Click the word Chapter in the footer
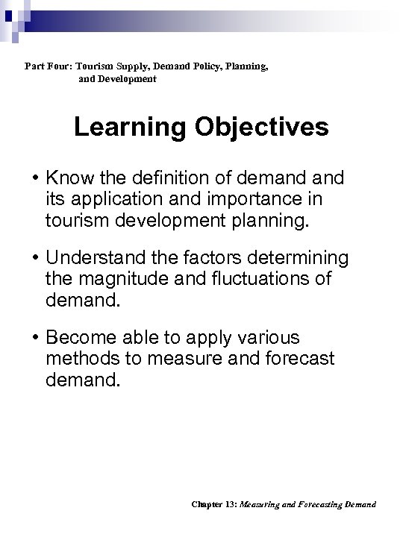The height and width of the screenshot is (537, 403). tap(204, 504)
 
